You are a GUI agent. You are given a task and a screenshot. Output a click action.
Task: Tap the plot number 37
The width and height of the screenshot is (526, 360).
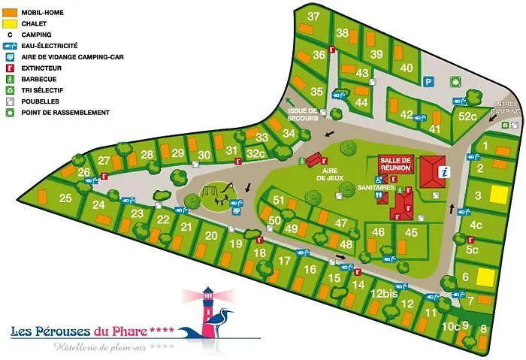coord(314,17)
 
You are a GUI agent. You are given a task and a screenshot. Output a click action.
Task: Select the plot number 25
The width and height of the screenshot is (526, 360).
coord(65,198)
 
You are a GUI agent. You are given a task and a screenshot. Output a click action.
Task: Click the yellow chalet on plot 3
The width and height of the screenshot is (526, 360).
coord(499,195)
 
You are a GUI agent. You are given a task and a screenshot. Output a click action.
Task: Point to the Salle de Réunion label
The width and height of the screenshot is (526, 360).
coord(395,164)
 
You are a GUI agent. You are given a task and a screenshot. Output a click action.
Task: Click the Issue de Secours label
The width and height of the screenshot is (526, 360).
coord(303,114)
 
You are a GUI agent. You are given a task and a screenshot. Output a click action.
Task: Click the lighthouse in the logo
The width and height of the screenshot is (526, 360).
coord(204,307)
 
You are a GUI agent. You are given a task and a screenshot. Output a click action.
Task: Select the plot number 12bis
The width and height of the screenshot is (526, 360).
coord(383,294)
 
